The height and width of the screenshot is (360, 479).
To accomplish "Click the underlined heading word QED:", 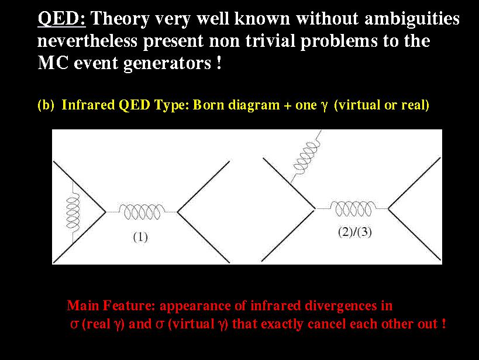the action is (62, 18).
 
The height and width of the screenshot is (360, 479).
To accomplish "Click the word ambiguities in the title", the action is (412, 19).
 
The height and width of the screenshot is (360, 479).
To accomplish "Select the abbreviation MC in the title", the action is (53, 63).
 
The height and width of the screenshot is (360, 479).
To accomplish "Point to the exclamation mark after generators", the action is (219, 63).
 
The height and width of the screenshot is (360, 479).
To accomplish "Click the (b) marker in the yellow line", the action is (46, 105).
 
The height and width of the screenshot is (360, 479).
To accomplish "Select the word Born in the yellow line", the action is (209, 105).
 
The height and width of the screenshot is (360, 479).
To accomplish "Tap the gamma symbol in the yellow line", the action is (324, 106).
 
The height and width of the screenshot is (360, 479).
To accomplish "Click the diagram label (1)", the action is (140, 237).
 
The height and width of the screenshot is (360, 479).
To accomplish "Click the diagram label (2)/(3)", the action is (355, 232).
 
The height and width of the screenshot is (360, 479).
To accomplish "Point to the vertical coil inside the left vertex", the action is (73, 212).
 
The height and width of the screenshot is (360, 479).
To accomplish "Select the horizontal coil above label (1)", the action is (142, 211).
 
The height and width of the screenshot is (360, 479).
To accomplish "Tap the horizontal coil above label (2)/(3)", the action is (353, 208).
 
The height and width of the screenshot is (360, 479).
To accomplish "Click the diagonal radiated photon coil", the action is (306, 157).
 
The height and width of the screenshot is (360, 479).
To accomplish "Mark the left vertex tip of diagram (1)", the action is (106, 211).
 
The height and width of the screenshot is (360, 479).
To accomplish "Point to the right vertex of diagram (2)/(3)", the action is (388, 208).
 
